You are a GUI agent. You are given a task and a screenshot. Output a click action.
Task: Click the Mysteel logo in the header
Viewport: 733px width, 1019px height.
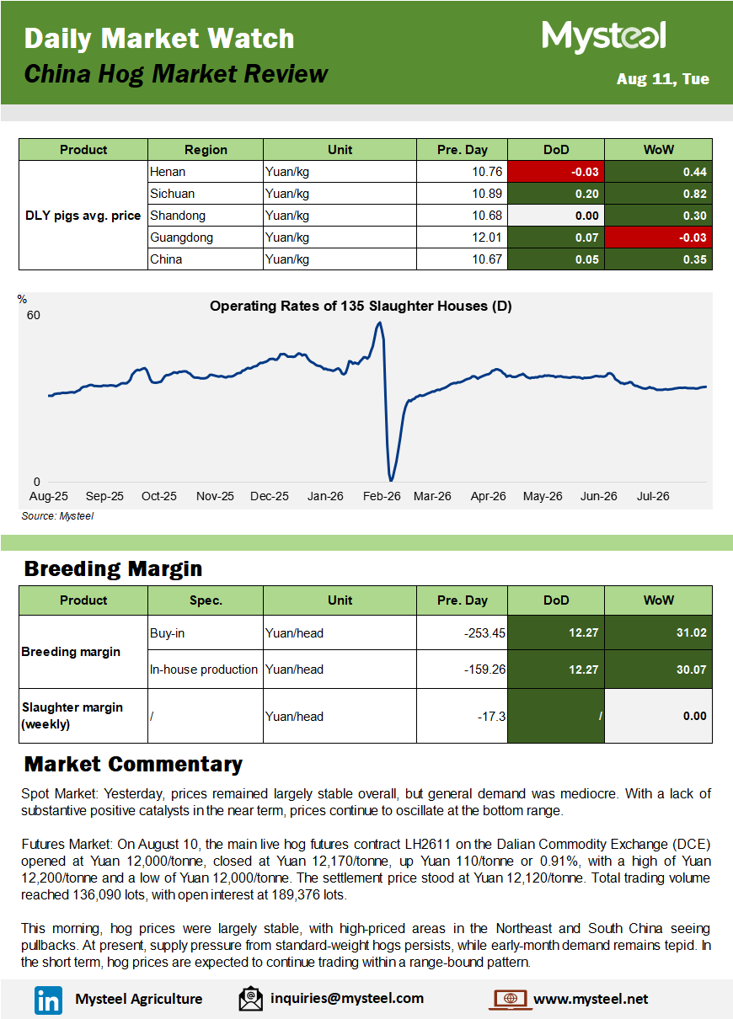pyautogui.click(x=604, y=36)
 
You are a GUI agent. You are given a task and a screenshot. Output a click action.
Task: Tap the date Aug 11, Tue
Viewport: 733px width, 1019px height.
pyautogui.click(x=662, y=79)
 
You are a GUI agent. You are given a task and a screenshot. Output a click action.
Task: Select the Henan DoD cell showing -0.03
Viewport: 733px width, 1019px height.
pyautogui.click(x=556, y=172)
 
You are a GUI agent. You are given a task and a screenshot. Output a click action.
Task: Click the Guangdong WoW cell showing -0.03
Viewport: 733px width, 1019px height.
pyautogui.click(x=658, y=237)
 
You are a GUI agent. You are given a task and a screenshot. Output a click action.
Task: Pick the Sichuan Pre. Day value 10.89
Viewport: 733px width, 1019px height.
pyautogui.click(x=487, y=194)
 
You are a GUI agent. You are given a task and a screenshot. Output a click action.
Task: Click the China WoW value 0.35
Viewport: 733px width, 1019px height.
pyautogui.click(x=694, y=259)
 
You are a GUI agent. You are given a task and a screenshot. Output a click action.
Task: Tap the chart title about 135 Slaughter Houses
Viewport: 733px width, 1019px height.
pyautogui.click(x=361, y=307)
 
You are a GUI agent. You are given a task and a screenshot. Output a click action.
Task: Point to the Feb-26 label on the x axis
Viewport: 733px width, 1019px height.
pyautogui.click(x=382, y=496)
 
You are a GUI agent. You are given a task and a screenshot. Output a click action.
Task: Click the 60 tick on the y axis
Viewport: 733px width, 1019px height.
pyautogui.click(x=33, y=315)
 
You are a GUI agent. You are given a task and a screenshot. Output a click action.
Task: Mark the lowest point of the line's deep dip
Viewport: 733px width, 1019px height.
pyautogui.click(x=391, y=480)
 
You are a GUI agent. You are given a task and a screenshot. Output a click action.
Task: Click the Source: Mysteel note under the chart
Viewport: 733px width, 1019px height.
pyautogui.click(x=57, y=516)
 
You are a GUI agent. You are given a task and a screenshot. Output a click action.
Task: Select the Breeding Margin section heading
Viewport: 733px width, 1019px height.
pyautogui.click(x=113, y=568)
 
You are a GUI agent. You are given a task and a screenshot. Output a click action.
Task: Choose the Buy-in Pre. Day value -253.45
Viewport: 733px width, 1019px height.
pyautogui.click(x=484, y=632)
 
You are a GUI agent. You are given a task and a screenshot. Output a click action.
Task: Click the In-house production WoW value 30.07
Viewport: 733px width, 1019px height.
pyautogui.click(x=691, y=670)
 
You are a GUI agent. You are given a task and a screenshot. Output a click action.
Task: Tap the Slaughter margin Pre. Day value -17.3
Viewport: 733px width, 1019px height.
pyautogui.click(x=491, y=717)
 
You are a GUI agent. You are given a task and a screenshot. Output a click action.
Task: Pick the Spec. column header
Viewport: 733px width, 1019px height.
pyautogui.click(x=206, y=600)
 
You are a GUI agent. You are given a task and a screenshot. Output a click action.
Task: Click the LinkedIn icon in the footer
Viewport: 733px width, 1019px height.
pyautogui.click(x=48, y=1000)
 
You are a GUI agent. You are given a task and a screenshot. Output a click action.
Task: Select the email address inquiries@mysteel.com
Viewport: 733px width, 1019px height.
pyautogui.click(x=347, y=999)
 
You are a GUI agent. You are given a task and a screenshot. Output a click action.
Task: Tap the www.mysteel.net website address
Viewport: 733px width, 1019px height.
pyautogui.click(x=591, y=999)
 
